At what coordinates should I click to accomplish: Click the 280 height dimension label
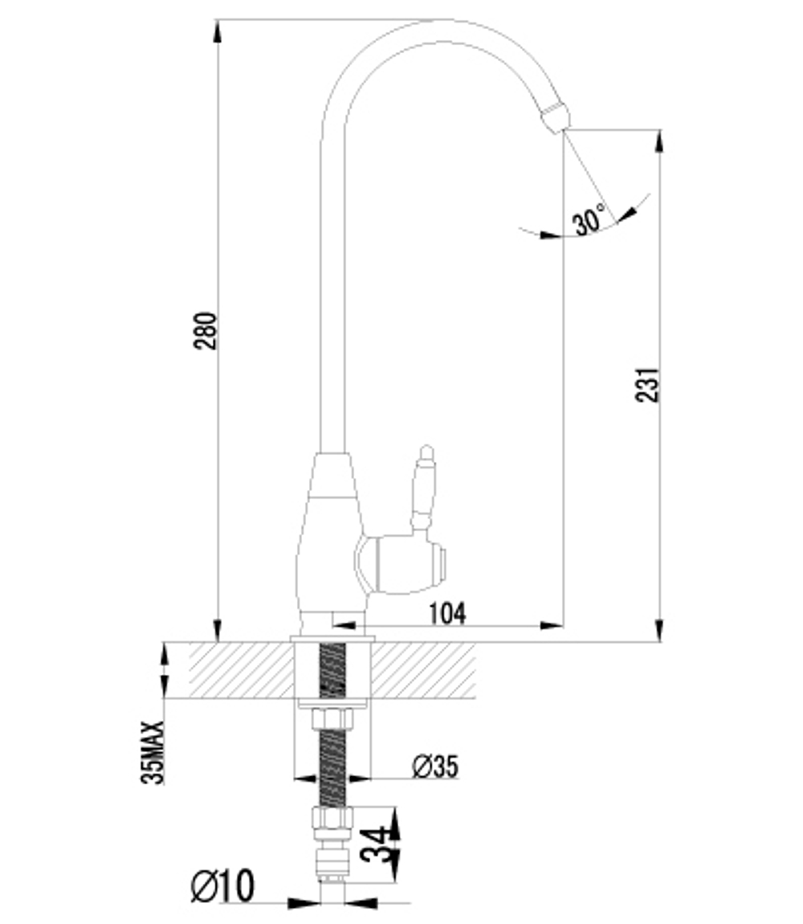[206, 331]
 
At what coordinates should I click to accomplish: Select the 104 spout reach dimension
[447, 613]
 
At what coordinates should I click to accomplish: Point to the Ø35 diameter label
[435, 767]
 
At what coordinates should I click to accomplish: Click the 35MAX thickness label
[153, 752]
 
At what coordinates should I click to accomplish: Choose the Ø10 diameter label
[222, 886]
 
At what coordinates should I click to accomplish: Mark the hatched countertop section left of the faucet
[241, 670]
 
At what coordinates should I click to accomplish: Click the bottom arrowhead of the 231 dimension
[659, 630]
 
